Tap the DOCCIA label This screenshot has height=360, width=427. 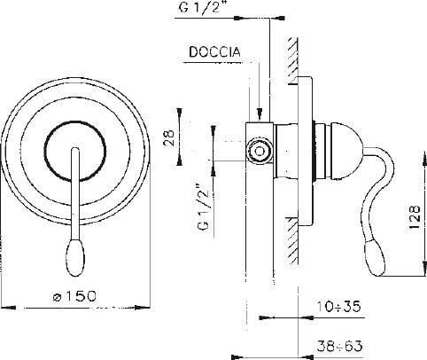point(212,52)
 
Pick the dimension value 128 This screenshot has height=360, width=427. point(415,215)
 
